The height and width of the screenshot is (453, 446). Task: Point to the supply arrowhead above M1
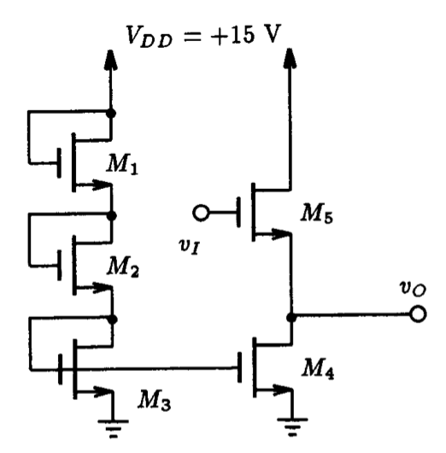tap(112, 60)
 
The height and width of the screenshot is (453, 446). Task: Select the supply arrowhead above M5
tap(291, 60)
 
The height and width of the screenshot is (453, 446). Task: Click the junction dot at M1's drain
tap(112, 112)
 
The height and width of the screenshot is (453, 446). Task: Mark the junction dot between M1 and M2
tap(112, 215)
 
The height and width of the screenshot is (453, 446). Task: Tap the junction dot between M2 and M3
tap(112, 318)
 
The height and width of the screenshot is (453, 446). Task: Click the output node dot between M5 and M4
tap(291, 315)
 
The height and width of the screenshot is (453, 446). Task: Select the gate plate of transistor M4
tap(244, 369)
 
